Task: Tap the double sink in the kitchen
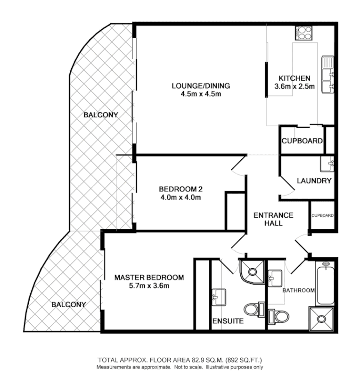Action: (328, 74)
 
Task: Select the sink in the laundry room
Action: (327, 163)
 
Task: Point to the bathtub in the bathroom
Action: (325, 284)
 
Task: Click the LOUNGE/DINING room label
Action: (201, 86)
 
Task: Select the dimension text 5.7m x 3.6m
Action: (149, 286)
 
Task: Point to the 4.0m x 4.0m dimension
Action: (180, 197)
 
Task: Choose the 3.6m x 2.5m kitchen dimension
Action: (294, 86)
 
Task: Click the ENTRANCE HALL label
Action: (273, 219)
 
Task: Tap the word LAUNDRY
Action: (314, 181)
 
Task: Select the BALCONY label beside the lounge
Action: (101, 115)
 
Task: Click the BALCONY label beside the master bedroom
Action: (69, 304)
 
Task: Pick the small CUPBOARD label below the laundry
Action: (323, 216)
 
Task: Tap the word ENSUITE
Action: (228, 321)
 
